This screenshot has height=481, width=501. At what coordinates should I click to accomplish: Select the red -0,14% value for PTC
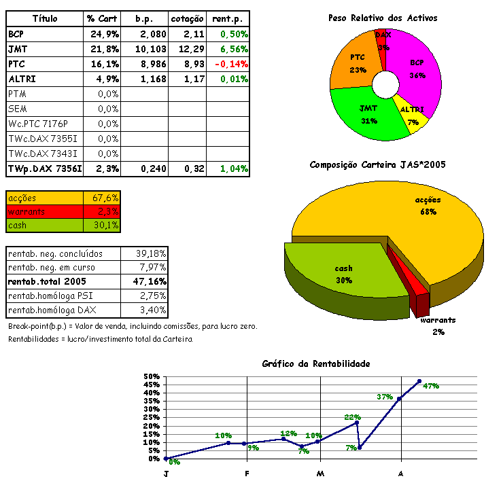229,64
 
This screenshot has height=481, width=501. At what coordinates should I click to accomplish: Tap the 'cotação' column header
187,18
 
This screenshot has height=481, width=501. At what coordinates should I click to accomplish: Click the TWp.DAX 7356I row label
42,168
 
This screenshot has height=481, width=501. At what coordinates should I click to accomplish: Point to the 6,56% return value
232,49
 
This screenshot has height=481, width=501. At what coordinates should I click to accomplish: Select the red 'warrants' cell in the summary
45,211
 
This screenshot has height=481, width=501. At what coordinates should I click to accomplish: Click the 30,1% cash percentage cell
105,226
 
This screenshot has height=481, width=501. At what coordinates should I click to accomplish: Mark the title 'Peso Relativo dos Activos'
383,18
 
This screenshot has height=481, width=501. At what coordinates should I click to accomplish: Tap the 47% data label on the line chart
431,386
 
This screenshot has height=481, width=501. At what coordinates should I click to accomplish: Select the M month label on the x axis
320,473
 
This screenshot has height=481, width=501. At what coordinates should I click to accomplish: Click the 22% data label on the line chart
352,417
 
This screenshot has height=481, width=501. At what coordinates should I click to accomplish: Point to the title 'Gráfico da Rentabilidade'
316,363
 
